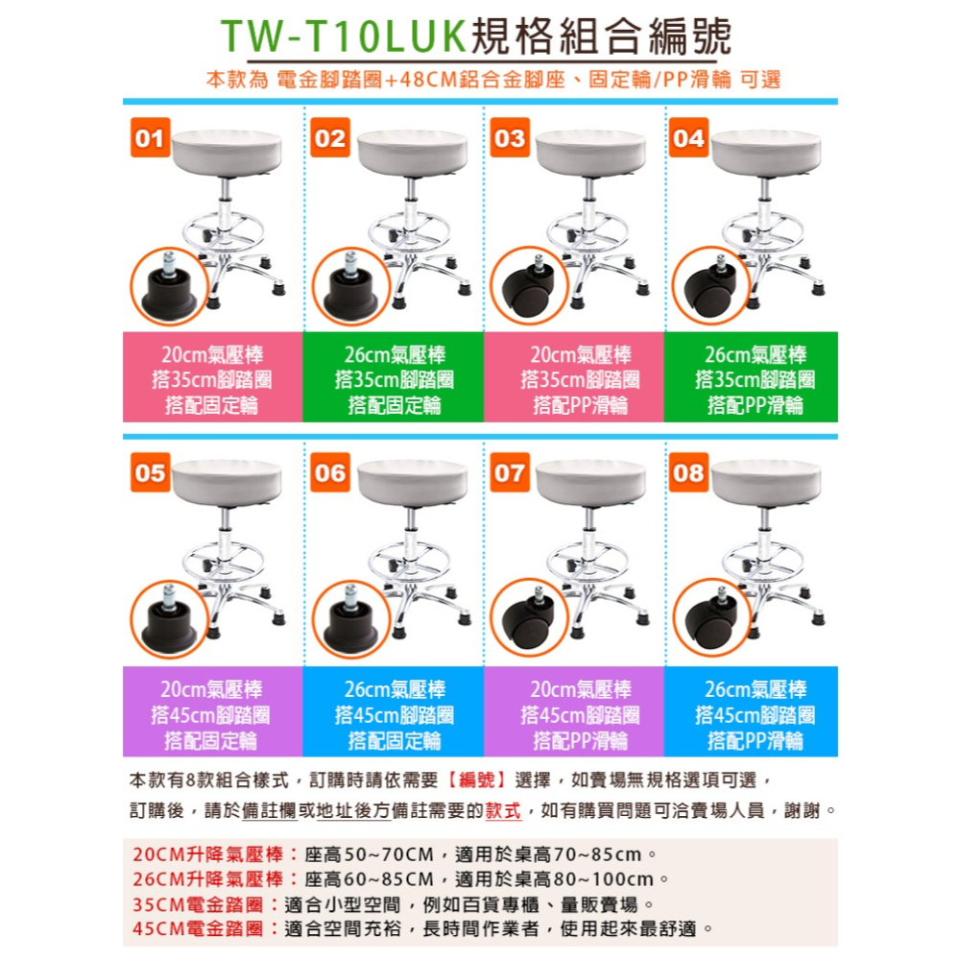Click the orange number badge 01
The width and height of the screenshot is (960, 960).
tap(149, 139)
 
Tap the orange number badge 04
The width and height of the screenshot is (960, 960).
tap(688, 139)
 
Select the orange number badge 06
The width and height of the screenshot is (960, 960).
tap(329, 473)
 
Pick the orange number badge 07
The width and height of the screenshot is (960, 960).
tap(509, 473)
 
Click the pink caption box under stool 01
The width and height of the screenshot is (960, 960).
tap(212, 379)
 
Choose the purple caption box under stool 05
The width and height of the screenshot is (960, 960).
tap(212, 714)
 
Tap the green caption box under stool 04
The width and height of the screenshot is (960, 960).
tap(752, 379)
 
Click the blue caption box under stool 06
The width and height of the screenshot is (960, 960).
tap(394, 714)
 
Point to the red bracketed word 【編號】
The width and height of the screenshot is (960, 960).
tap(478, 779)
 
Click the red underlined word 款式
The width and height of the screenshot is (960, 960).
tap(505, 811)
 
